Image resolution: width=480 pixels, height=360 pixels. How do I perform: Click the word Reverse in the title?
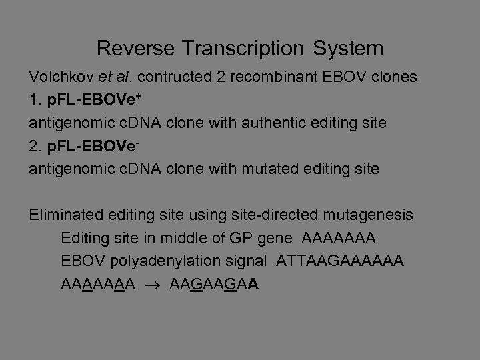135,48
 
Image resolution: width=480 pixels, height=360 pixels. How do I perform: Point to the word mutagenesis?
369,215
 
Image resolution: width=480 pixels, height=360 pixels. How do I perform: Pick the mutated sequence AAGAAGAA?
215,285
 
